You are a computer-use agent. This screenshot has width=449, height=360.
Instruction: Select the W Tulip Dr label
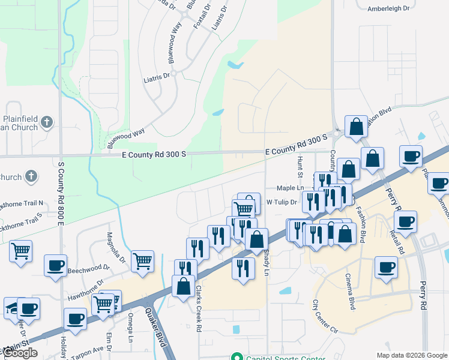[x=282, y=202]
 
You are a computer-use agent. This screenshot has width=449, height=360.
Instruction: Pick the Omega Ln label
[x=130, y=330]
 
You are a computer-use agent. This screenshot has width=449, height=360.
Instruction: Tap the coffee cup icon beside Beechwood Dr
[x=55, y=265]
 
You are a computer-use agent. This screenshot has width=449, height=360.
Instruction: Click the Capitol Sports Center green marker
[x=238, y=358]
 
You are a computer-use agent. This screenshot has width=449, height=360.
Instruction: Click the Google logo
[x=20, y=352]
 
